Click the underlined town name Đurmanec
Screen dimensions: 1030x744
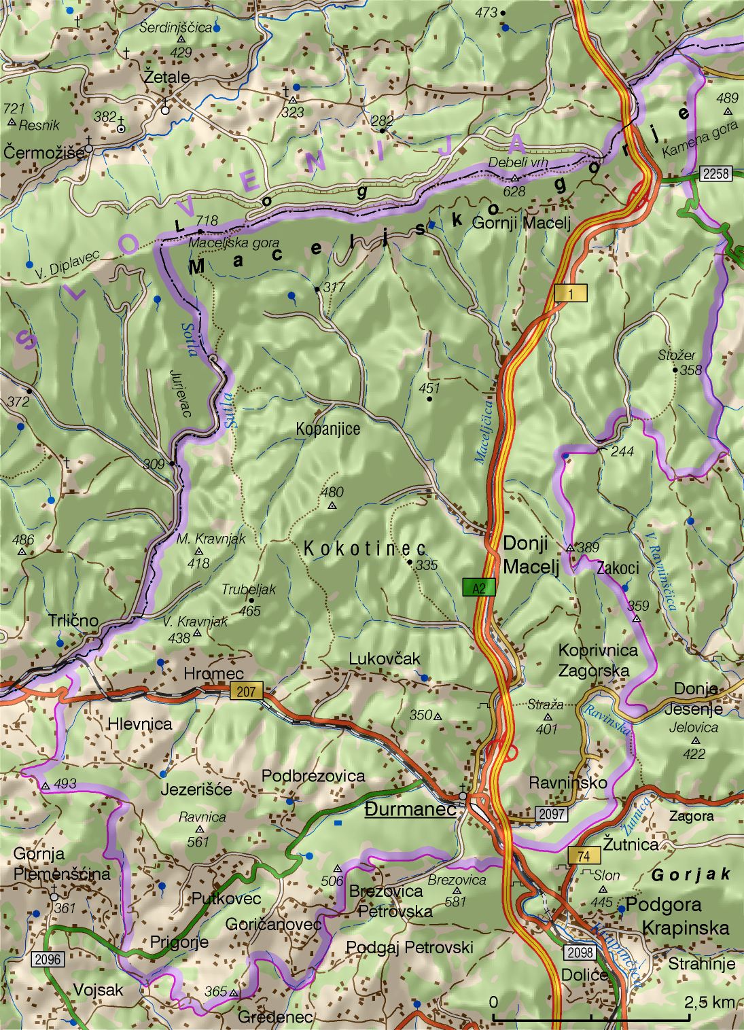(410, 810)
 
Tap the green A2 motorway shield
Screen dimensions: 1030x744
(479, 588)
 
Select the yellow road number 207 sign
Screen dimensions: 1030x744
(246, 692)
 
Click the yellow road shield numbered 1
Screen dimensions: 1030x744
(570, 293)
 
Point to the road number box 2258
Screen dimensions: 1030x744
(715, 173)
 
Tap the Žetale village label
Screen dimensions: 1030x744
(166, 77)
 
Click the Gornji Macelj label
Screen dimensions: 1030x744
(520, 223)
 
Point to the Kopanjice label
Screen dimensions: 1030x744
(327, 429)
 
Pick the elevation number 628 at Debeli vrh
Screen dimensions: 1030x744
(514, 192)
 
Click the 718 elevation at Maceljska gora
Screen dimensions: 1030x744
(207, 220)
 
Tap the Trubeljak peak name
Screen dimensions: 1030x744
(249, 589)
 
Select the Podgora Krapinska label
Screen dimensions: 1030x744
(677, 916)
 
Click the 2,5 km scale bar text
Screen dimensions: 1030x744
(709, 1001)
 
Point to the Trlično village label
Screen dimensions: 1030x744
(73, 620)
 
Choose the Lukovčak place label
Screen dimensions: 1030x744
(385, 658)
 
